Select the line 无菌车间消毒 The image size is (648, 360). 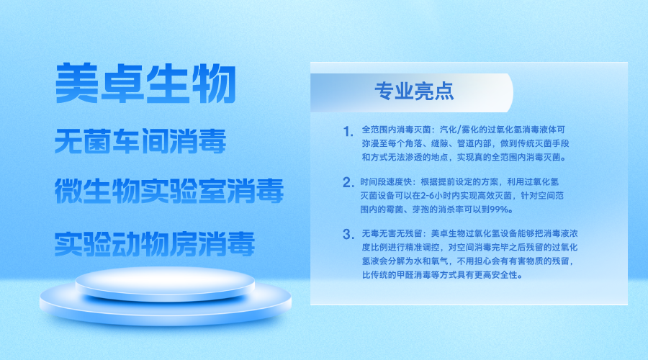141,141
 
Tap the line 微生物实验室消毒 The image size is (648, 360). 169,192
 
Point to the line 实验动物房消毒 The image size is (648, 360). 155,243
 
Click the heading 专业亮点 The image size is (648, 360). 414,91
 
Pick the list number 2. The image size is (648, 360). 348,182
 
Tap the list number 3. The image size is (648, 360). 348,234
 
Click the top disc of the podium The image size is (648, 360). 165,284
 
